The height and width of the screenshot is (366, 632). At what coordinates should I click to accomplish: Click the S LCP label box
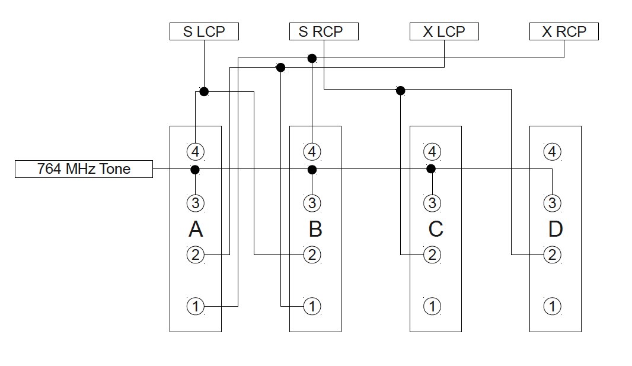[x=204, y=31]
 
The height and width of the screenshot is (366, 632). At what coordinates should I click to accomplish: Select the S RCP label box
[x=324, y=31]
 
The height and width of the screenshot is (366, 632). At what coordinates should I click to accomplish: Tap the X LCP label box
[x=444, y=31]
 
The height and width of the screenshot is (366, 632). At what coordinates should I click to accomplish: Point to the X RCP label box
[x=564, y=31]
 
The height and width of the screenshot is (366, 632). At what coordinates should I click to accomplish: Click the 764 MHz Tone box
[x=84, y=169]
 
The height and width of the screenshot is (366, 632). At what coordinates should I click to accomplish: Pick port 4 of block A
[x=196, y=151]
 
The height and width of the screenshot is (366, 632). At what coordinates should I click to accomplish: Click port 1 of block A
[x=196, y=306]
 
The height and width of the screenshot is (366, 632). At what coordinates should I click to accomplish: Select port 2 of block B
[x=312, y=255]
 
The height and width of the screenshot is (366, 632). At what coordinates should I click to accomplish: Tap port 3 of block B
[x=312, y=203]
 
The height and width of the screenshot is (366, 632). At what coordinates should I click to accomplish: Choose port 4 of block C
[x=432, y=151]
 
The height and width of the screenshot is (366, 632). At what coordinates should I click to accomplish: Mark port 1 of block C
[x=432, y=306]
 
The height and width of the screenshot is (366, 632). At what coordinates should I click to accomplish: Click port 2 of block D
[x=552, y=255]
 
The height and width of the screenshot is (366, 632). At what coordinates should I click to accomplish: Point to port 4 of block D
[x=552, y=151]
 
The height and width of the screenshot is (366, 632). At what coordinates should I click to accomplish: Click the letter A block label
[x=196, y=229]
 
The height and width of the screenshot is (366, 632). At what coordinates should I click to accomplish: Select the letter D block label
[x=555, y=229]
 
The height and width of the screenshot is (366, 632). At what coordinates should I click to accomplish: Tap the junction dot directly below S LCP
[x=204, y=91]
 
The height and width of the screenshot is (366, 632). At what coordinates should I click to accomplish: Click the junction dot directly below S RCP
[x=312, y=58]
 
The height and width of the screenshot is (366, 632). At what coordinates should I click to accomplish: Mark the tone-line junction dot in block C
[x=431, y=169]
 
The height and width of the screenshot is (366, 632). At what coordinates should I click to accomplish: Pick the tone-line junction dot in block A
[x=194, y=170]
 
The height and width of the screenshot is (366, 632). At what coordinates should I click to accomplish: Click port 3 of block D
[x=552, y=203]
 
